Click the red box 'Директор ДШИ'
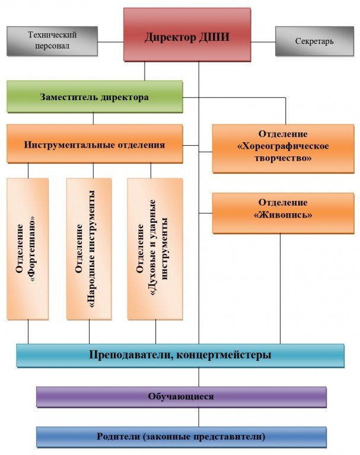tap(187, 34)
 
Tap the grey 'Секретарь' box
tap(314, 41)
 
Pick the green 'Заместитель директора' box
tap(94, 97)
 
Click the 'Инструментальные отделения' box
tap(94, 144)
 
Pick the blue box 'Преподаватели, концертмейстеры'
tap(180, 355)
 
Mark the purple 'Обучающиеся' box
tap(181, 396)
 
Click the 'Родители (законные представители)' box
tap(181, 437)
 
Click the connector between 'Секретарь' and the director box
tap(263, 42)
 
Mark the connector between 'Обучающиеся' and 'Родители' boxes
tap(199, 417)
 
